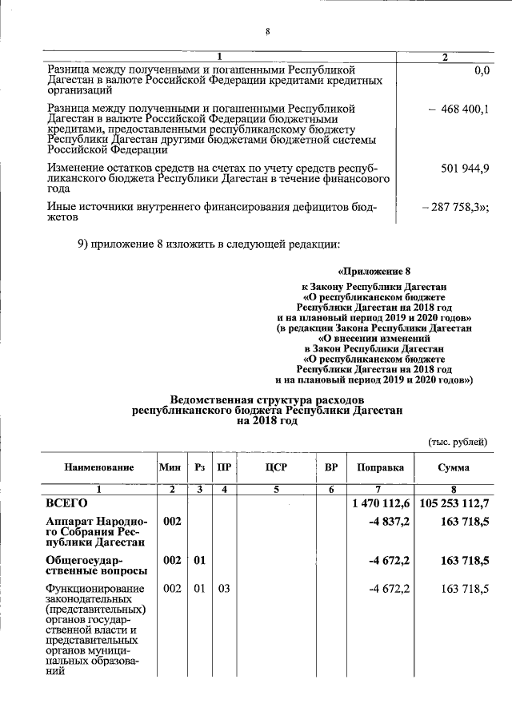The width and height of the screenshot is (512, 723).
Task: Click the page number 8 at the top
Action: pos(267,32)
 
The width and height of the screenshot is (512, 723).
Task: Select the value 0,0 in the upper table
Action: pos(481,71)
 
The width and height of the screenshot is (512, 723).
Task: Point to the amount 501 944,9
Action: pos(465,169)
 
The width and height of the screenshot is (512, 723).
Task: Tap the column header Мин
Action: pos(170,467)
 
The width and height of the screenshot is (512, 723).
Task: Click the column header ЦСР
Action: pos(275,467)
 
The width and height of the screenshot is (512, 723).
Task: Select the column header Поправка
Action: pos(380,467)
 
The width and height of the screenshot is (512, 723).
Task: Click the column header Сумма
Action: pos(454,467)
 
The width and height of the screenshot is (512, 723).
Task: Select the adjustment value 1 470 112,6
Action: pos(381,504)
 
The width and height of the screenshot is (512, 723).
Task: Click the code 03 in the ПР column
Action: pos(224,589)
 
